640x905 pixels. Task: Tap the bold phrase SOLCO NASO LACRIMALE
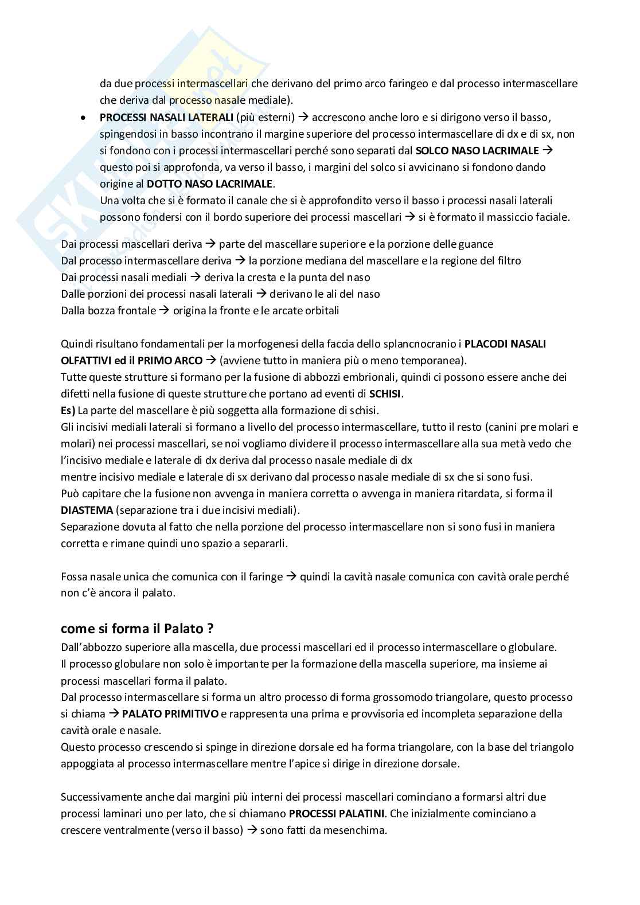point(477,151)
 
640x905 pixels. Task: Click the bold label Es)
point(68,411)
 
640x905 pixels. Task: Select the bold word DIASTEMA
point(86,510)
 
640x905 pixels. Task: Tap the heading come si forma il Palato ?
point(137,629)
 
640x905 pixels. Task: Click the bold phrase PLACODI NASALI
point(505,344)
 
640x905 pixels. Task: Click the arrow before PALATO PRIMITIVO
point(114,714)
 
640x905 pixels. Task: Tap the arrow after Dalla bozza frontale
point(164,311)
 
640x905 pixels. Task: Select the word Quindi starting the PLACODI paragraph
point(77,344)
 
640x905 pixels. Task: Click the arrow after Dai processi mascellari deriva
point(210,244)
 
